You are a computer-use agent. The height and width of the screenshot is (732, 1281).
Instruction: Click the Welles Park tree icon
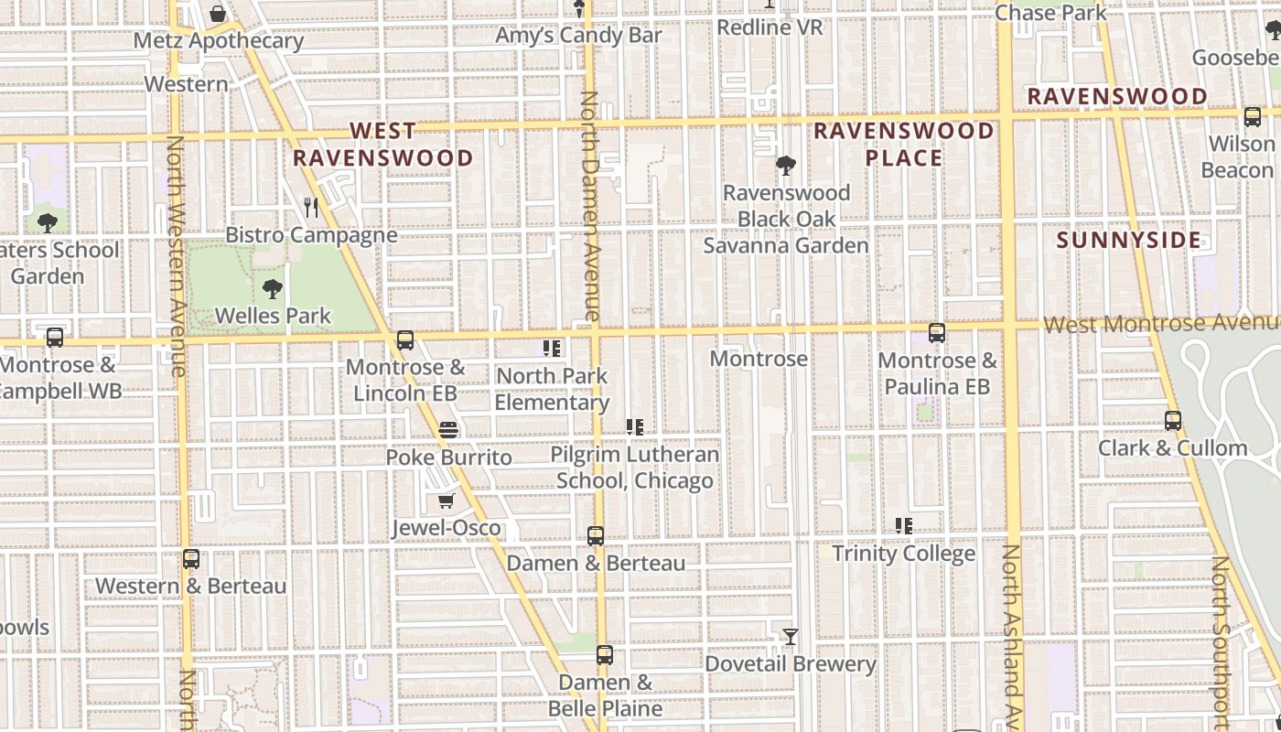pos(272,289)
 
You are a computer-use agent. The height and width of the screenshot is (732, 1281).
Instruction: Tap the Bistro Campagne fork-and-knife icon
pos(311,208)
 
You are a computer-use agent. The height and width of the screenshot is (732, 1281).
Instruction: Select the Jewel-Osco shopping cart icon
pos(446,501)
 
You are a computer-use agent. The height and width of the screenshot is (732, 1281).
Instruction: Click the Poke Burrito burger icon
pos(448,429)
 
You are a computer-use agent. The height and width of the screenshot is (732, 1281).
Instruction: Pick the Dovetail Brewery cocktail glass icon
pos(791,636)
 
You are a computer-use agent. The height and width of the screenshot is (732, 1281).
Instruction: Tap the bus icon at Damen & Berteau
pos(596,536)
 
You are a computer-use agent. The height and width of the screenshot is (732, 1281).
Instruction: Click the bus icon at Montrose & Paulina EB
pos(936,333)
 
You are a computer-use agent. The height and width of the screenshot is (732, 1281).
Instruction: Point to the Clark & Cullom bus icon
pos(1173,421)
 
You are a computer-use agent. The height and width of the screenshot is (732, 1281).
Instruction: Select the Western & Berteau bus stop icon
pos(191,558)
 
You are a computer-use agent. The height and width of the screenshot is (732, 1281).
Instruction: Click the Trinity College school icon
pos(904,526)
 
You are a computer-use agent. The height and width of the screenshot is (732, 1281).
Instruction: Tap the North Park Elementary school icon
pos(552,349)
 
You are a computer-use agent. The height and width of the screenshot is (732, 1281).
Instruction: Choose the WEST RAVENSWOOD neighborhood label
pos(382,145)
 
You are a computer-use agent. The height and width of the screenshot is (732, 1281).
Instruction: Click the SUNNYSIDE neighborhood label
pos(1128,241)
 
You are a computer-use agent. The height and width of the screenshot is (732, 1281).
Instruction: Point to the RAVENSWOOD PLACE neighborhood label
pos(904,145)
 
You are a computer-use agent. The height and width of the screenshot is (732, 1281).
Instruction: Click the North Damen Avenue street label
pos(590,206)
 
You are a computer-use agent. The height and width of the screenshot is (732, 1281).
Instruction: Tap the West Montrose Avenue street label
pos(1160,324)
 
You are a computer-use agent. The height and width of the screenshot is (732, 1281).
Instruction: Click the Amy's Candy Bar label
pos(578,36)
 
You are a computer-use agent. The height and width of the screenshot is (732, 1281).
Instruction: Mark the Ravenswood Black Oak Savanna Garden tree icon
pos(785,166)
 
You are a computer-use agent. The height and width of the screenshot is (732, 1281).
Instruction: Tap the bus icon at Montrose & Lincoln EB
pos(405,340)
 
